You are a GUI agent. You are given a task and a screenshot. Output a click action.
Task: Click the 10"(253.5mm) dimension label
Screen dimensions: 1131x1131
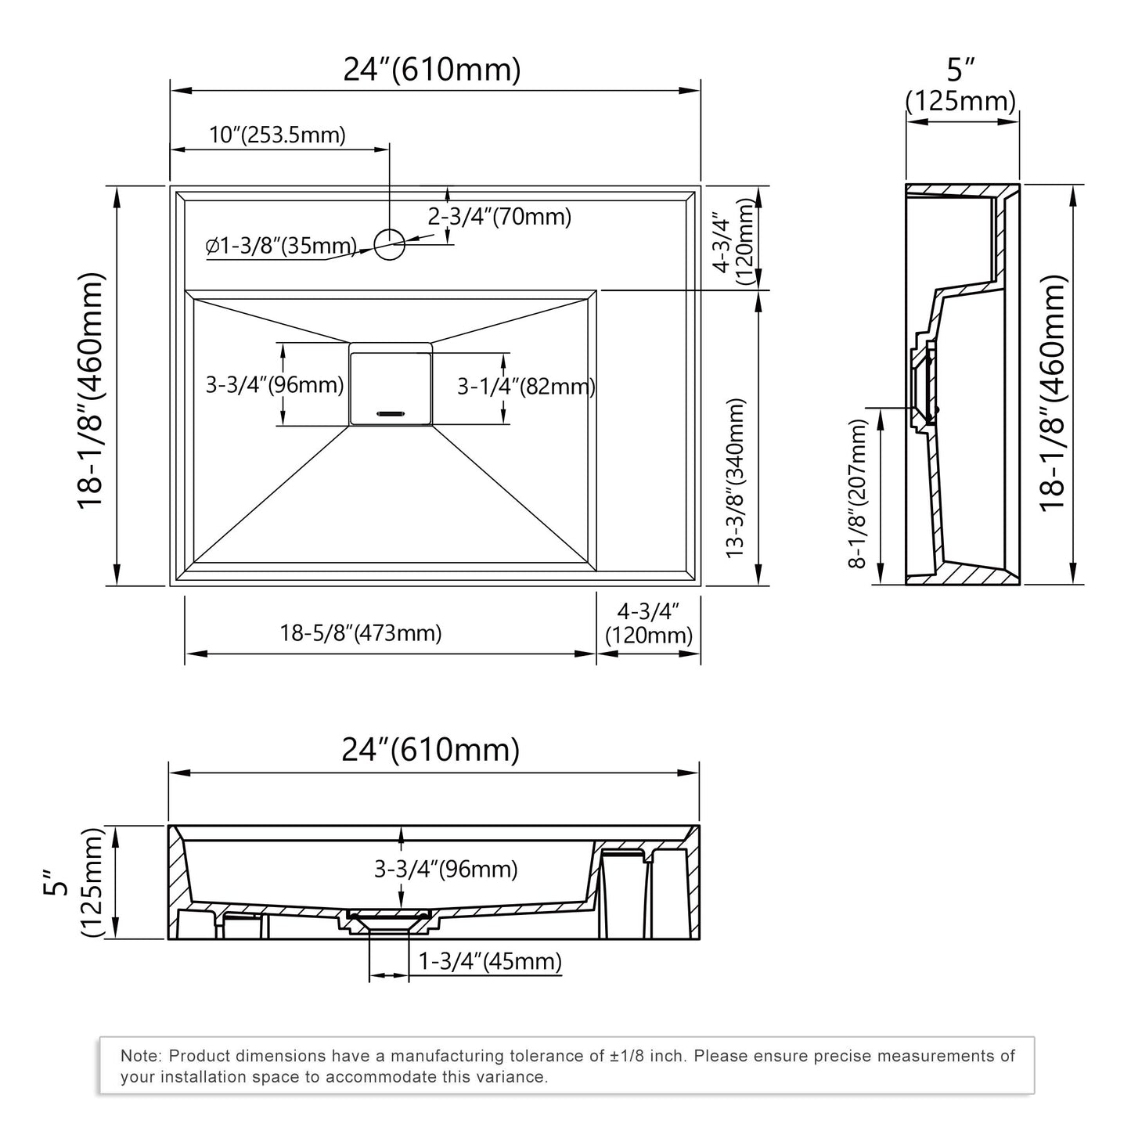277,135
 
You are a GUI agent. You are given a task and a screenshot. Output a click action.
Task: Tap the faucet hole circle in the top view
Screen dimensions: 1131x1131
388,244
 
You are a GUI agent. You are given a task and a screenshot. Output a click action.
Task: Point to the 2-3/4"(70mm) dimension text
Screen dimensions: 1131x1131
499,217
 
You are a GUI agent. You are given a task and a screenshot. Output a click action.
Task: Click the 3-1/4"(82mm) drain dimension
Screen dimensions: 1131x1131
526,387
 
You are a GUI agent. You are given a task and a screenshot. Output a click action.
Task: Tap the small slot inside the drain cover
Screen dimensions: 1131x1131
390,411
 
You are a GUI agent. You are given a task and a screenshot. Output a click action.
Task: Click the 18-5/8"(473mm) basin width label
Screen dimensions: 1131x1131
361,633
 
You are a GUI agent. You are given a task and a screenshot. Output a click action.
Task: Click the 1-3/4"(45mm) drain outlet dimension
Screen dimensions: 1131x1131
490,961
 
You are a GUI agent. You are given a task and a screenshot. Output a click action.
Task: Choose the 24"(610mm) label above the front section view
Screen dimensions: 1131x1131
430,750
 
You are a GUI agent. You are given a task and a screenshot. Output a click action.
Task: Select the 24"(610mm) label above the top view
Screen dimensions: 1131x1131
432,70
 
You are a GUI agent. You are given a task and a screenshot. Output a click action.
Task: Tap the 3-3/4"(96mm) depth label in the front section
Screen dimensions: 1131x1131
445,869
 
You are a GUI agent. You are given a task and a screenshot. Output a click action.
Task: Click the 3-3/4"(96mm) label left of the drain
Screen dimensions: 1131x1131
274,385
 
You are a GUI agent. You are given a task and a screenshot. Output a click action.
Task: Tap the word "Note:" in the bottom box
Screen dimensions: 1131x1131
142,1056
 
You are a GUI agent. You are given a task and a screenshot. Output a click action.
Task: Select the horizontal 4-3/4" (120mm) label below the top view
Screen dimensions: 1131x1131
649,623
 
